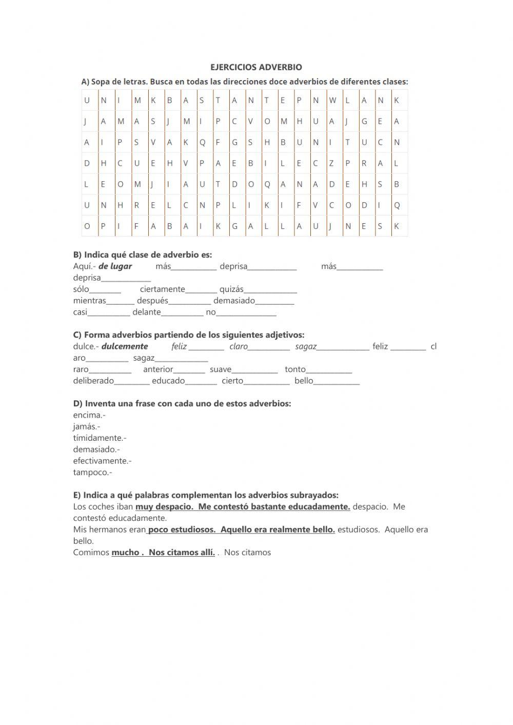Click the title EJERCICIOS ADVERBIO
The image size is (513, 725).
click(256, 67)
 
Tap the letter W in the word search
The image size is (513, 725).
click(332, 101)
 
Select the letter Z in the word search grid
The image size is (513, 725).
click(331, 164)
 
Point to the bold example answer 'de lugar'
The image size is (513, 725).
click(115, 266)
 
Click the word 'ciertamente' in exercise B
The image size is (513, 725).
click(162, 289)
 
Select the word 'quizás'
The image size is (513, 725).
click(231, 289)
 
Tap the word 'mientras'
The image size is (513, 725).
click(89, 301)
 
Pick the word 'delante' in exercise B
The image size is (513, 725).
click(146, 312)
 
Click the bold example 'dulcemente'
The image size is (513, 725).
click(125, 346)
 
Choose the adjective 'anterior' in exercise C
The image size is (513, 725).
click(158, 369)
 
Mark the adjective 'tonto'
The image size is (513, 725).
click(295, 369)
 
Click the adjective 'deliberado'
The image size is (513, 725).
click(93, 381)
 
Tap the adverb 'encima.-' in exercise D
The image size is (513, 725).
click(89, 415)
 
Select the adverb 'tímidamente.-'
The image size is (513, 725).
click(100, 438)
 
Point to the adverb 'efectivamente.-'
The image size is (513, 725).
click(102, 461)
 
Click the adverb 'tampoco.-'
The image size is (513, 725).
click(92, 473)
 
